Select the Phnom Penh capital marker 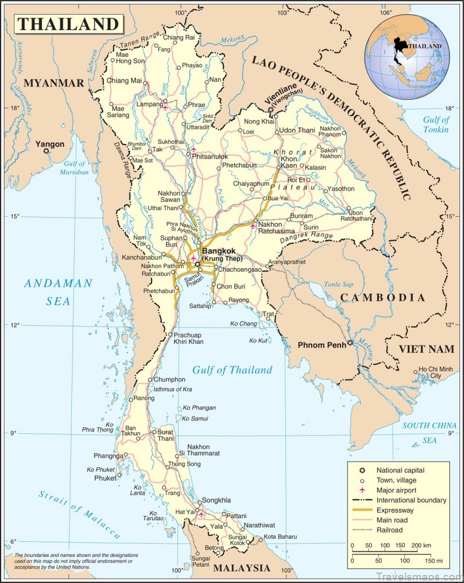tap(350, 344)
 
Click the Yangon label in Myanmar tap(49, 144)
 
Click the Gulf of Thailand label tap(233, 370)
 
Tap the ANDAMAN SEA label tap(58, 292)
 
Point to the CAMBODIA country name tap(382, 297)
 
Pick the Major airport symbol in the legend tap(362, 490)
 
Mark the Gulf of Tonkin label tap(435, 124)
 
